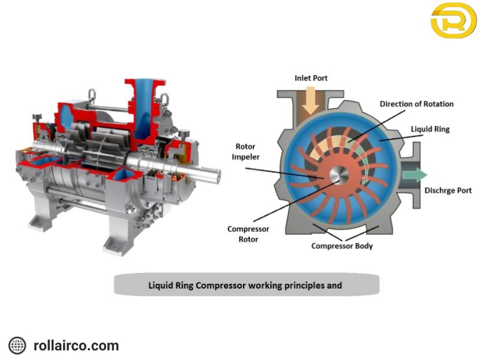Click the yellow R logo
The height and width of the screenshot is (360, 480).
click(453, 20)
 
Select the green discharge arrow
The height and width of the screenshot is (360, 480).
click(415, 175)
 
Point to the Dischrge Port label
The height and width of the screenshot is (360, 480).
click(448, 191)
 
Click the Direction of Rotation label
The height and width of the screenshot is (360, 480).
click(416, 104)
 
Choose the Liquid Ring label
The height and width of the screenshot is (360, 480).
click(430, 129)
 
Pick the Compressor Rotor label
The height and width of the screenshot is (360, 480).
click(248, 234)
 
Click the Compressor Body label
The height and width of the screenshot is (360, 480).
click(341, 246)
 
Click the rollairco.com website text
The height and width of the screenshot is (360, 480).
click(76, 346)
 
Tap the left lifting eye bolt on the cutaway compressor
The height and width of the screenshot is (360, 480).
click(92, 94)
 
